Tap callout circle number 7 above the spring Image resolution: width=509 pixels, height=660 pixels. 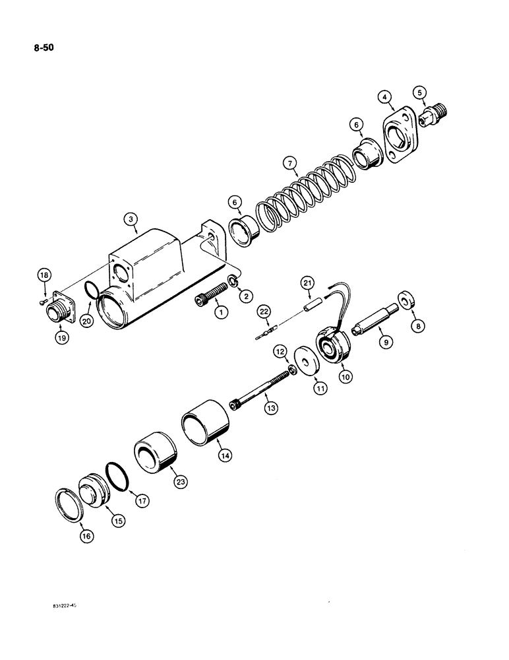coord(287,162)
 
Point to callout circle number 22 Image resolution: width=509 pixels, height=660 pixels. coord(264,312)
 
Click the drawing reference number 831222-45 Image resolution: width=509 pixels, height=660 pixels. coord(69,604)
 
